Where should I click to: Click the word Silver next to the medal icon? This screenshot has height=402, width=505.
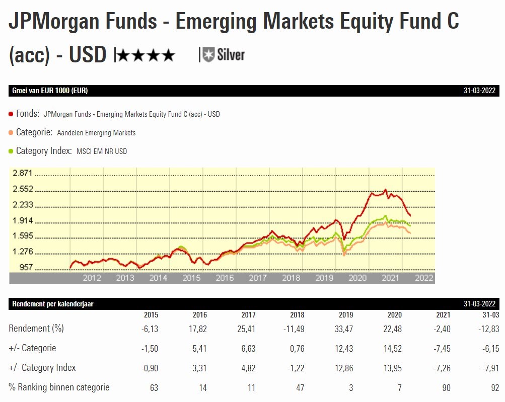(x=231, y=54)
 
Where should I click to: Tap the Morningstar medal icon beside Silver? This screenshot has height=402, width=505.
(x=208, y=54)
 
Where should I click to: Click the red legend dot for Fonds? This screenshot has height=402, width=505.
(x=11, y=114)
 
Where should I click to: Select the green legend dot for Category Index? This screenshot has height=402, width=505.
(x=11, y=151)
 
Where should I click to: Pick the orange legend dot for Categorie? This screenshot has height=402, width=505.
(x=11, y=133)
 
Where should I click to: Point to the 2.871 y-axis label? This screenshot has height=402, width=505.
(x=23, y=173)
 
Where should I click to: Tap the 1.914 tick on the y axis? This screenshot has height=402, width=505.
(x=23, y=220)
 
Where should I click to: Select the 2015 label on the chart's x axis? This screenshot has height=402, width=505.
(x=191, y=278)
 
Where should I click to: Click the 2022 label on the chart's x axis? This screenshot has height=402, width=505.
(x=424, y=278)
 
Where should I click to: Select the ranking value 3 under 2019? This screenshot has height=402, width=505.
(x=350, y=387)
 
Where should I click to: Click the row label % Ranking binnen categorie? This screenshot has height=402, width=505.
(x=59, y=387)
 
